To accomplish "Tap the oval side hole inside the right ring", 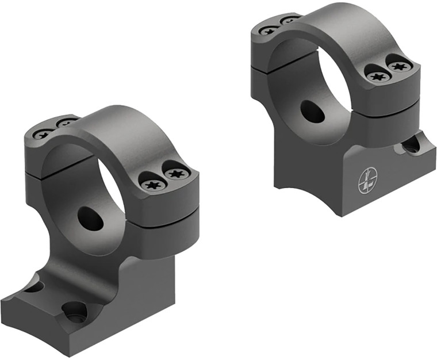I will point(312,112).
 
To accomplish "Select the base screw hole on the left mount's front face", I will point(75,312).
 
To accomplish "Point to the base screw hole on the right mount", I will point(411,145).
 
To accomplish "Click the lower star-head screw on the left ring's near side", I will point(153,185).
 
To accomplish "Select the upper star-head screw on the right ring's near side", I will point(398,65).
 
